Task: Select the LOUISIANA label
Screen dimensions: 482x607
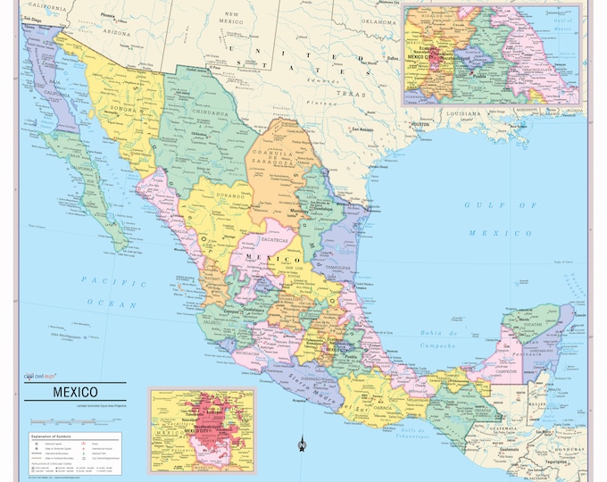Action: tap(464, 114)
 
